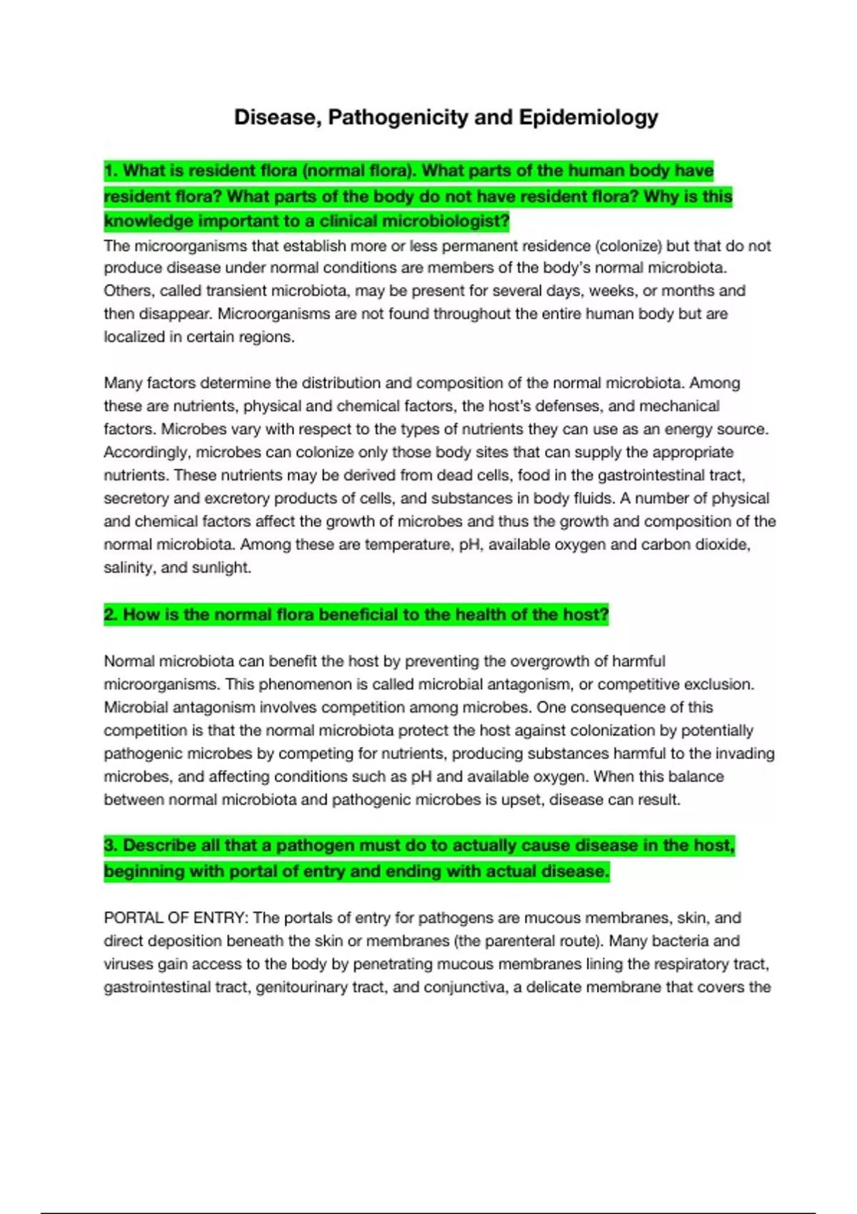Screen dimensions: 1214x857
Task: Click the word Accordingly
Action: click(146, 452)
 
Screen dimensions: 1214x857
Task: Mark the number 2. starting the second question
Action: click(111, 615)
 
